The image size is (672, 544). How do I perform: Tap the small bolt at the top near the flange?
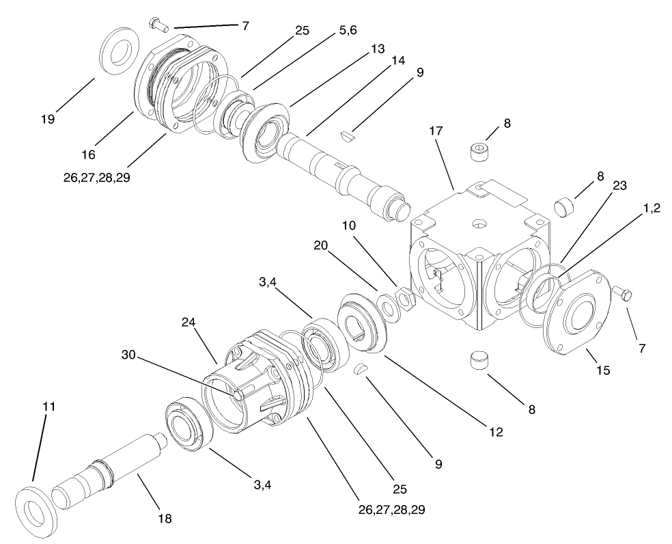(x=158, y=25)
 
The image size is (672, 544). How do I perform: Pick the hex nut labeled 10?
(x=404, y=298)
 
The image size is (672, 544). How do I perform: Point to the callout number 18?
(x=164, y=519)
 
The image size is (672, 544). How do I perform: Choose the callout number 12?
(x=496, y=432)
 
